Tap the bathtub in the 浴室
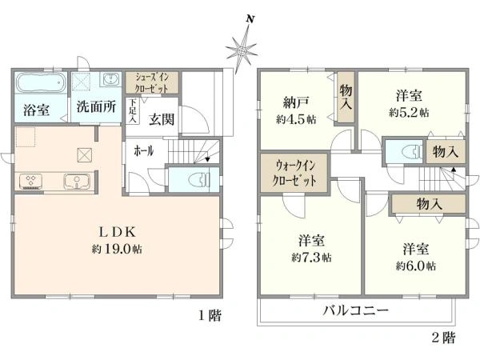point(37,83)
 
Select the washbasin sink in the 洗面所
point(110,81)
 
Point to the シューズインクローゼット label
point(151,82)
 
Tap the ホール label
point(145,150)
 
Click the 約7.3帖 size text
point(312,258)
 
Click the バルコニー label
point(356,310)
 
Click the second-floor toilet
point(404,151)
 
